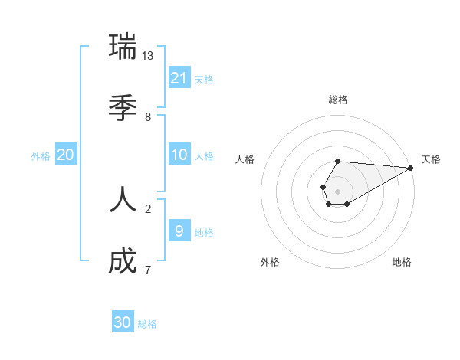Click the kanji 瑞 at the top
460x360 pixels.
pyautogui.click(x=123, y=46)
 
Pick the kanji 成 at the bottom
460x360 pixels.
pyautogui.click(x=123, y=260)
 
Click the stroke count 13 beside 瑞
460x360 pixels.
pyautogui.click(x=148, y=56)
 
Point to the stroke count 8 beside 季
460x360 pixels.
pyautogui.click(x=148, y=117)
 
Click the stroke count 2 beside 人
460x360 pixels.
pyautogui.click(x=148, y=209)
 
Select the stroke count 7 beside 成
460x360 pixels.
pyautogui.click(x=148, y=270)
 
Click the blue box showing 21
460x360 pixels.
pyautogui.click(x=179, y=77)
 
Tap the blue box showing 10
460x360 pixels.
pyautogui.click(x=179, y=155)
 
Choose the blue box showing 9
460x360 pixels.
pyautogui.click(x=179, y=231)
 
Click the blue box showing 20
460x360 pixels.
pyautogui.click(x=66, y=155)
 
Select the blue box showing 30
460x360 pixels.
pyautogui.click(x=123, y=322)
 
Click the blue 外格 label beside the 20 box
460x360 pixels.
pyautogui.click(x=41, y=156)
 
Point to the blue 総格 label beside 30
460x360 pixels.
pyautogui.click(x=147, y=324)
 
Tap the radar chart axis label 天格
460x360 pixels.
pyautogui.click(x=431, y=159)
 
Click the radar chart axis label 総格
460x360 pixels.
pyautogui.click(x=337, y=100)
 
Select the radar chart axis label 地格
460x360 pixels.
pyautogui.click(x=402, y=262)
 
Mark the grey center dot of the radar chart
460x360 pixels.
pyautogui.click(x=337, y=191)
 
